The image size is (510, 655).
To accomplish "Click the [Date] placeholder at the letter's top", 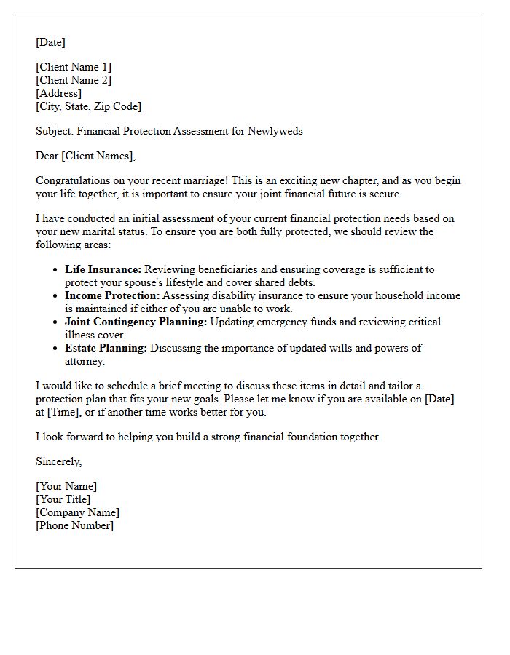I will click(x=50, y=42).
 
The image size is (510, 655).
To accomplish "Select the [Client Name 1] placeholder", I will click(x=74, y=67).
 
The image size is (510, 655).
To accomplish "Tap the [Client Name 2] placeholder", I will click(x=74, y=80).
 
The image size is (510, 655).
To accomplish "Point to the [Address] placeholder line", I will click(x=58, y=93).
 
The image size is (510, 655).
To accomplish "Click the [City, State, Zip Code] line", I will click(x=88, y=106).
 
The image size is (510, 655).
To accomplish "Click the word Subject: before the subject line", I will click(x=55, y=131).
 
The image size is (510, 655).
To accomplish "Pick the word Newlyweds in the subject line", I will click(x=275, y=131).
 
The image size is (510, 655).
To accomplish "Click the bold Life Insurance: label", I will click(x=103, y=269).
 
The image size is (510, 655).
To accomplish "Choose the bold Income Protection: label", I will click(x=112, y=295).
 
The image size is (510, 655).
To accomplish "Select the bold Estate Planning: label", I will click(x=106, y=348).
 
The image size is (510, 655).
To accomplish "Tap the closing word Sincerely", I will click(x=58, y=461).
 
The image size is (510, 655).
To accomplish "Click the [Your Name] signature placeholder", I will click(x=66, y=486).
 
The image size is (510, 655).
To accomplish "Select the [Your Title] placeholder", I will click(x=63, y=499).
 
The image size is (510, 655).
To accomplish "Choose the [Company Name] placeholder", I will click(x=77, y=512).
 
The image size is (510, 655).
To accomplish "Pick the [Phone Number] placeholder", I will click(x=74, y=525).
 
